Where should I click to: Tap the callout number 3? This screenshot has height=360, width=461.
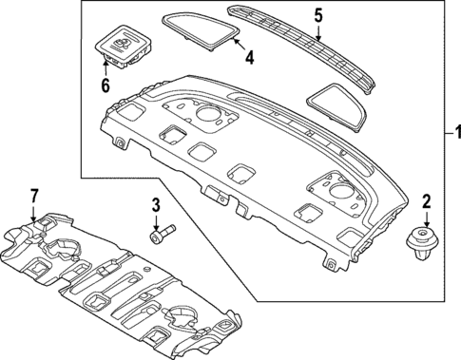tap(155, 204)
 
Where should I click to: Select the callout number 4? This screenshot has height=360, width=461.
tap(248, 58)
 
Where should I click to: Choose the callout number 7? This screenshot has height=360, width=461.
tap(34, 196)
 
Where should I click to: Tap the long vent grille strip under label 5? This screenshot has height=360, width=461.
tap(304, 47)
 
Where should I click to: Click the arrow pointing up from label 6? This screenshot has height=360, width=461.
tap(105, 63)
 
